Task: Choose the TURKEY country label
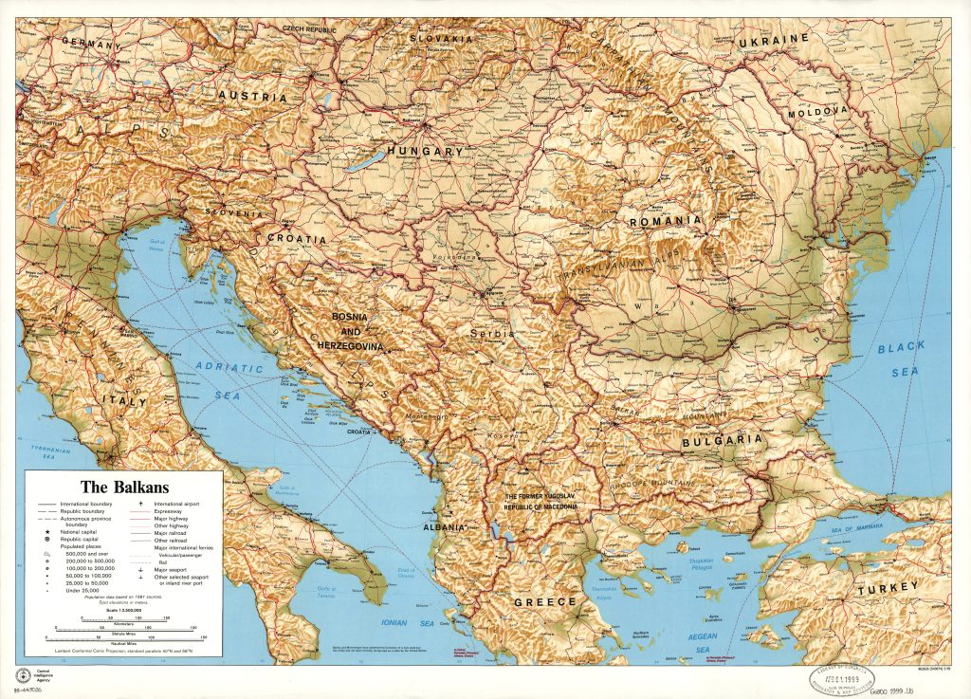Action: click(888, 589)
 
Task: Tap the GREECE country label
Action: click(544, 602)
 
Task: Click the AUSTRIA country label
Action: click(252, 97)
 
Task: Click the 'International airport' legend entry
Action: click(169, 503)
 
